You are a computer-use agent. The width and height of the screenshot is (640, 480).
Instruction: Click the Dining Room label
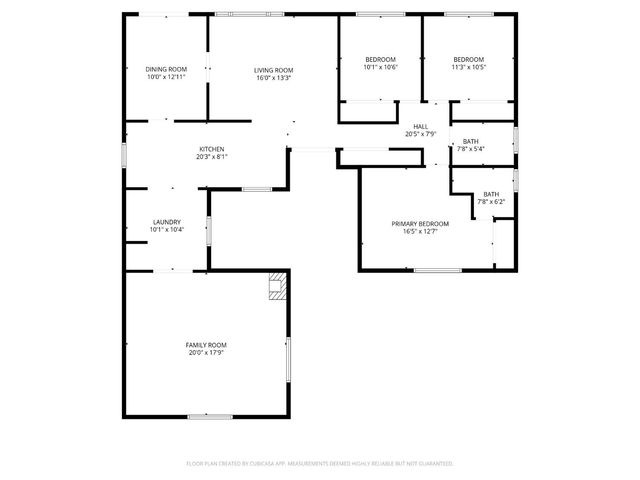166,69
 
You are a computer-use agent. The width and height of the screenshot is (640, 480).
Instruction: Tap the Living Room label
273,69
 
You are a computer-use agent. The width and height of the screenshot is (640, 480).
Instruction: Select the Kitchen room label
210,149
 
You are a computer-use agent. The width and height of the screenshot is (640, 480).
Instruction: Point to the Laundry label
166,221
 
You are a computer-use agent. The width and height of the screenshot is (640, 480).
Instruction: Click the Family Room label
206,344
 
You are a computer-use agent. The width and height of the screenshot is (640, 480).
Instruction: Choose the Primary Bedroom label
420,223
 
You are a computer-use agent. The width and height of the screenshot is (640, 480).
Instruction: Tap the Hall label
421,126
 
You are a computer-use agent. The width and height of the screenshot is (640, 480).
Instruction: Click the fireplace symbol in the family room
276,289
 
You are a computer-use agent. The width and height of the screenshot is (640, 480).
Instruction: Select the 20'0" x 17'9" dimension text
206,352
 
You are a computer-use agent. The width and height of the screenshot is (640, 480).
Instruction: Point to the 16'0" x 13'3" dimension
273,77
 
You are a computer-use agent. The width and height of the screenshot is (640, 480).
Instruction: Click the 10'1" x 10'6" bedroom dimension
380,68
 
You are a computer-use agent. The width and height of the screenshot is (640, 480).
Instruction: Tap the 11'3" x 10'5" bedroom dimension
468,68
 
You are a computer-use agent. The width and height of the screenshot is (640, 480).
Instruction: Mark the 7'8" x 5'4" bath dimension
470,149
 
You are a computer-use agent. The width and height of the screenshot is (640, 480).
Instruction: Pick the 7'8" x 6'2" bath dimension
491,202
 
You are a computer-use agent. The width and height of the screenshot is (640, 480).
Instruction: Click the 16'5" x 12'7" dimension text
420,231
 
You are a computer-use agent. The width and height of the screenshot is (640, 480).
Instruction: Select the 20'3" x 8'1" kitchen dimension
210,157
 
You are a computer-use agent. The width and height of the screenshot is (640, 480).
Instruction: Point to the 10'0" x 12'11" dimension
166,77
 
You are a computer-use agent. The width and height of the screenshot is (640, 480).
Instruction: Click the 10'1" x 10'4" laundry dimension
166,229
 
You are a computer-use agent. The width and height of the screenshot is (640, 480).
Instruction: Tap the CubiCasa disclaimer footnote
320,464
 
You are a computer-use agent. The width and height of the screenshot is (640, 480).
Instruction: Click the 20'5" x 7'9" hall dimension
421,134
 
